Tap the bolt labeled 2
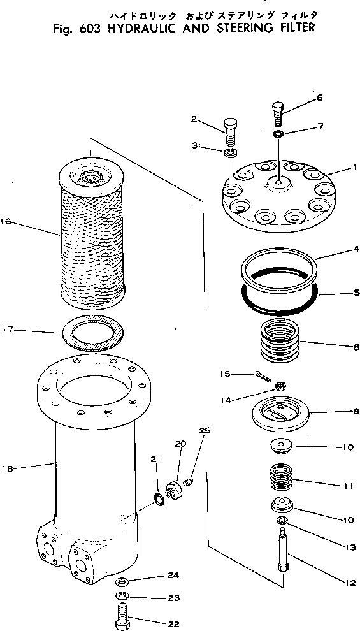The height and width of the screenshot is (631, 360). (230, 133)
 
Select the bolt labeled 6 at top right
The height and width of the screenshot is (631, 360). (280, 113)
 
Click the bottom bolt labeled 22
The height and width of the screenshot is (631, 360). (122, 616)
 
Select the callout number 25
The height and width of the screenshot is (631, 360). (204, 432)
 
